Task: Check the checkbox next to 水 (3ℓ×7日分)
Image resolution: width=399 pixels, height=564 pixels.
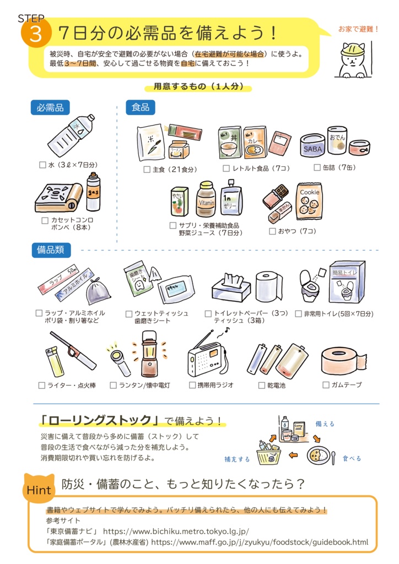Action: (x=43, y=165)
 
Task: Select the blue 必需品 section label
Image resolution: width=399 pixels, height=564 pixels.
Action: (x=51, y=108)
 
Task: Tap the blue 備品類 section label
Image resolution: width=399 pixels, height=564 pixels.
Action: (x=51, y=250)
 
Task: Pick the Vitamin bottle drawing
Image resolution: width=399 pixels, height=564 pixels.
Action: (x=205, y=200)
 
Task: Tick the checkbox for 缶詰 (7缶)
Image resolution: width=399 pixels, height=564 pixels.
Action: (x=317, y=167)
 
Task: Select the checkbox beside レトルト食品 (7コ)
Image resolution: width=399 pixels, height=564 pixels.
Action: (x=227, y=168)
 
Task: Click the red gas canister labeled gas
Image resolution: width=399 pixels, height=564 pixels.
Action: (x=93, y=192)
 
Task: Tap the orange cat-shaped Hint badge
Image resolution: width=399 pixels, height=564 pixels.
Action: (x=39, y=487)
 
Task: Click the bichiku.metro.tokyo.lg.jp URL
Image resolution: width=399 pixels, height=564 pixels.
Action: (x=176, y=532)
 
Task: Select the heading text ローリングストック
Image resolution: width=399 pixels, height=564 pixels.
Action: (x=99, y=421)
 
